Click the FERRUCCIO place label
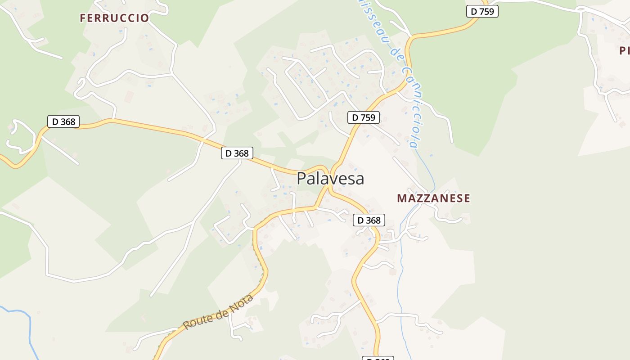pos(114,18)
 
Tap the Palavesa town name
pos(330,179)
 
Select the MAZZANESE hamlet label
pos(433,198)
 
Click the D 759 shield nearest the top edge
pos(482,11)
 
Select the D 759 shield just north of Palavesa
pos(364,117)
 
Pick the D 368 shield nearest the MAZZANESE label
pos(369,220)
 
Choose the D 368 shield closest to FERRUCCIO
pos(63,121)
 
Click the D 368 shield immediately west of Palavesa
pos(237,153)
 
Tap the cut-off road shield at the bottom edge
pos(378,358)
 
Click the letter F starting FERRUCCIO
pos(83,18)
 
